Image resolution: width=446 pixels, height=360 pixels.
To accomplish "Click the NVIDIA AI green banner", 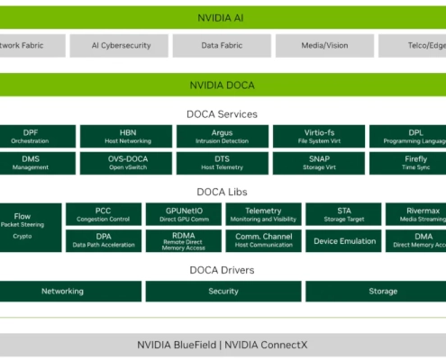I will tap(223, 17).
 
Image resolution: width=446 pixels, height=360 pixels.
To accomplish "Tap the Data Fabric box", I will tap(223, 45).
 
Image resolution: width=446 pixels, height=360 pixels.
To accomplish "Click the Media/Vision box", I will tap(324, 45).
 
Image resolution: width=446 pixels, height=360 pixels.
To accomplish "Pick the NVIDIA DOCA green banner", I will tap(223, 85).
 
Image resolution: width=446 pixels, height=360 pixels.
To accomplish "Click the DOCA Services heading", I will tap(223, 114).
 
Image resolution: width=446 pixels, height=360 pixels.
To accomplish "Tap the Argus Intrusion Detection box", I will tap(222, 136).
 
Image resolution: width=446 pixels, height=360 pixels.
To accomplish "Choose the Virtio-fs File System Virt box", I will tap(318, 136).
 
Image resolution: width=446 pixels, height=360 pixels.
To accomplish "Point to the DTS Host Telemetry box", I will tap(222, 162).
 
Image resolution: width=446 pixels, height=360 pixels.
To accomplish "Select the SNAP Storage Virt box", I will tap(318, 162).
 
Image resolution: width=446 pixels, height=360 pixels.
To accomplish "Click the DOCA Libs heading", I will tap(223, 191).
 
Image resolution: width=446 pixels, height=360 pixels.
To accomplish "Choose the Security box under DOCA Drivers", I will tap(223, 292).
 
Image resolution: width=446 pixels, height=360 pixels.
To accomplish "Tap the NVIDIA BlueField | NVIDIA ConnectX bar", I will tap(223, 345).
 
